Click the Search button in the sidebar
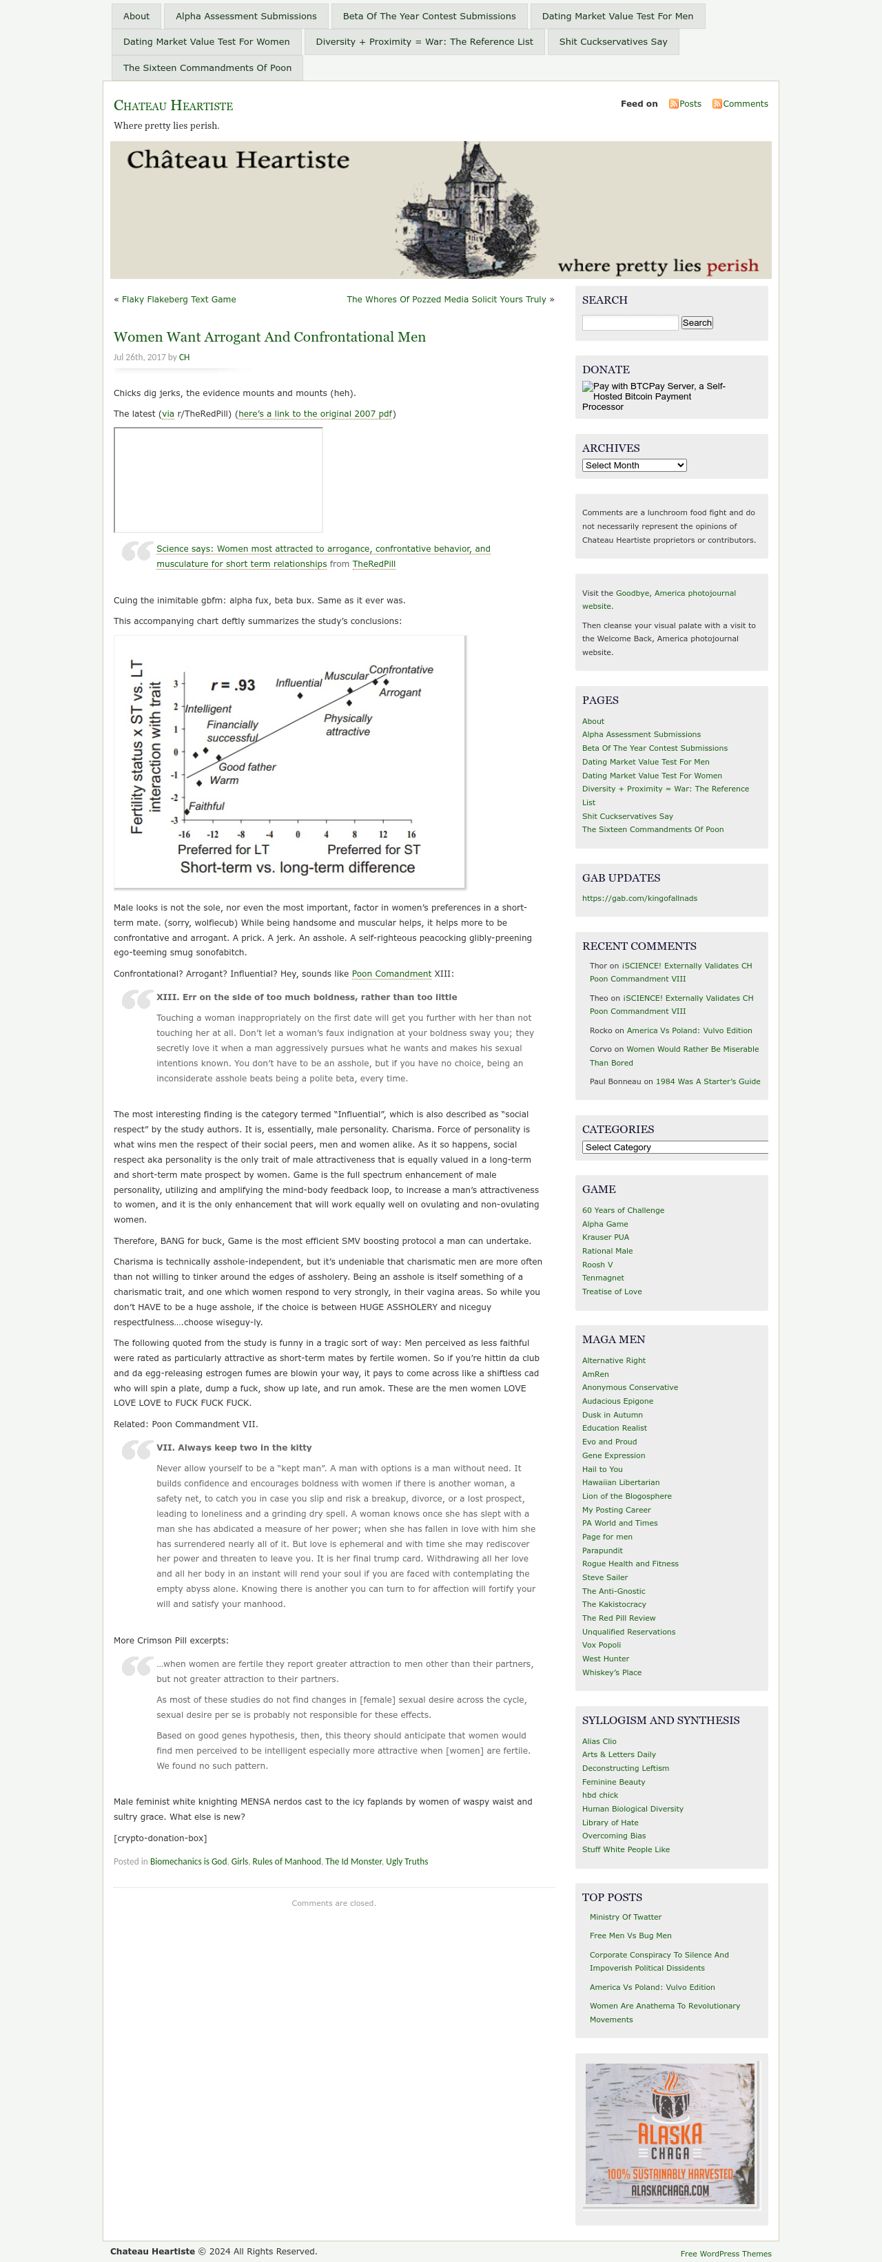pos(697,323)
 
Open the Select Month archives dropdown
pos(633,466)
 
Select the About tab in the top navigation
pos(136,16)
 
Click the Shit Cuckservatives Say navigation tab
pos(613,41)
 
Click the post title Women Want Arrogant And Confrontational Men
pos(269,338)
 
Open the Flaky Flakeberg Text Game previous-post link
pos(178,300)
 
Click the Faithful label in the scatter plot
pos(207,806)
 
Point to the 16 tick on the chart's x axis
pos(411,834)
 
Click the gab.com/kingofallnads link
pos(639,898)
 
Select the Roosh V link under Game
pos(597,1265)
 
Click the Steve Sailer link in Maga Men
pos(604,1577)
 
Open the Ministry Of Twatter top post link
pos(626,1917)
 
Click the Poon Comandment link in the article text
pos(391,974)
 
